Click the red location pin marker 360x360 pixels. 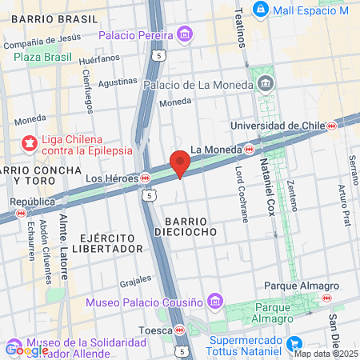180,162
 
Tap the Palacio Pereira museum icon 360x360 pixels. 186,35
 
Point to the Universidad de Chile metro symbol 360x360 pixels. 331,126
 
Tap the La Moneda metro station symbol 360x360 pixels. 250,149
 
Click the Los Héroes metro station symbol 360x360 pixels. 145,178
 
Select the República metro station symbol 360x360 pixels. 21,214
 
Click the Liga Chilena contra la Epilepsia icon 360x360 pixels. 30,143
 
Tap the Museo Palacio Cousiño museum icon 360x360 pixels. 214,301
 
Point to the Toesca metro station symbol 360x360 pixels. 181,330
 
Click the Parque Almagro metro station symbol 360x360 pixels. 326,298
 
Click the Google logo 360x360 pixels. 26,350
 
